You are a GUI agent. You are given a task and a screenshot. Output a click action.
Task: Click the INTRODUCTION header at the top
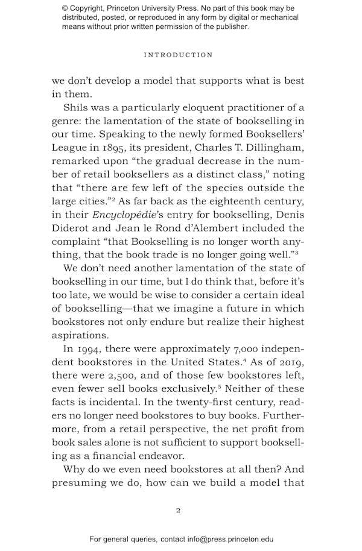pos(178,55)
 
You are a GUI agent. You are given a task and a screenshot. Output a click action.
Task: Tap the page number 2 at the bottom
pos(178,510)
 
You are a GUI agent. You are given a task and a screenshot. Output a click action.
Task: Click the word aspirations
pos(81,335)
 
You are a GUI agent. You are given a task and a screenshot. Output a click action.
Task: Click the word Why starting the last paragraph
pos(75,468)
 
